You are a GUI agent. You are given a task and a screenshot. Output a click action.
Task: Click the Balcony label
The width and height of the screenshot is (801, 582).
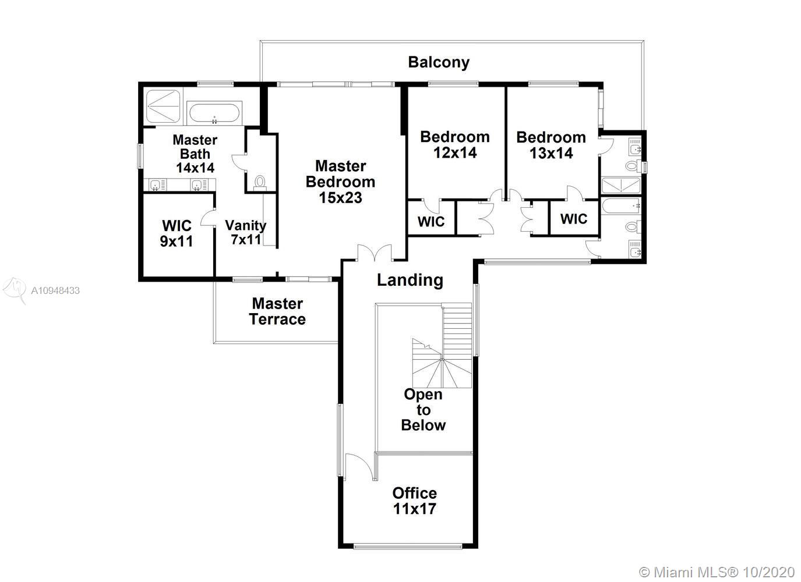tap(439, 62)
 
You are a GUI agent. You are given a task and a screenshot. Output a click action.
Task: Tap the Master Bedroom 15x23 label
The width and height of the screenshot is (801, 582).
tap(340, 182)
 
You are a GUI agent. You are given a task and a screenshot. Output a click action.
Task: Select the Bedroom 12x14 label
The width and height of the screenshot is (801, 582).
tap(455, 144)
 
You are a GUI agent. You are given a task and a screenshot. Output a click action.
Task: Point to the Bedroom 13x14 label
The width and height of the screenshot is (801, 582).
tap(551, 145)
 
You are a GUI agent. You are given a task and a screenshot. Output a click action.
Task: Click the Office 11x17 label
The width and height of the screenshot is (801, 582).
tap(414, 501)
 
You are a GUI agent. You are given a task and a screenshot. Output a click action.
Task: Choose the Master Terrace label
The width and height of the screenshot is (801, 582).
tap(277, 311)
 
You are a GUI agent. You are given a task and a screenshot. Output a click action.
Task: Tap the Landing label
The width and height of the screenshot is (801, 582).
tap(410, 280)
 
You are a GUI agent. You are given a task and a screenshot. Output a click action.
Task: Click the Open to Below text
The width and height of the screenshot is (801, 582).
tap(424, 410)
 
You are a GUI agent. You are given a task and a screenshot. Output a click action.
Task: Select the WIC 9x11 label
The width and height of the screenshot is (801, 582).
tap(177, 233)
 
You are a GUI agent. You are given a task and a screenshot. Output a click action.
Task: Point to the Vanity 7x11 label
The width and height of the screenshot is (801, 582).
tap(246, 232)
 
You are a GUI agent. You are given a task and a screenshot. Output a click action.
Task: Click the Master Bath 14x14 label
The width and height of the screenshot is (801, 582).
tap(195, 154)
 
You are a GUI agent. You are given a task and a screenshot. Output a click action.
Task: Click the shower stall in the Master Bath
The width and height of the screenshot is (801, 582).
tap(163, 107)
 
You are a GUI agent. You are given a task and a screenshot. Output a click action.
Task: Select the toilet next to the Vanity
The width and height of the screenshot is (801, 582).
tap(260, 182)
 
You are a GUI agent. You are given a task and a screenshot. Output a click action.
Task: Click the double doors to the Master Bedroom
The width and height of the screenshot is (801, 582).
tap(374, 253)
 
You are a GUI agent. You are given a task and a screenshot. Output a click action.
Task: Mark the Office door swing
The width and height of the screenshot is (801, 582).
tap(359, 466)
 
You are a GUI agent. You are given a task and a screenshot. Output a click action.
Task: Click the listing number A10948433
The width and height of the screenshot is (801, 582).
tap(55, 290)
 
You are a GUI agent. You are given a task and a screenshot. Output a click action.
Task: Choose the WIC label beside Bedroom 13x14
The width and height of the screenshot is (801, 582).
tap(574, 219)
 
